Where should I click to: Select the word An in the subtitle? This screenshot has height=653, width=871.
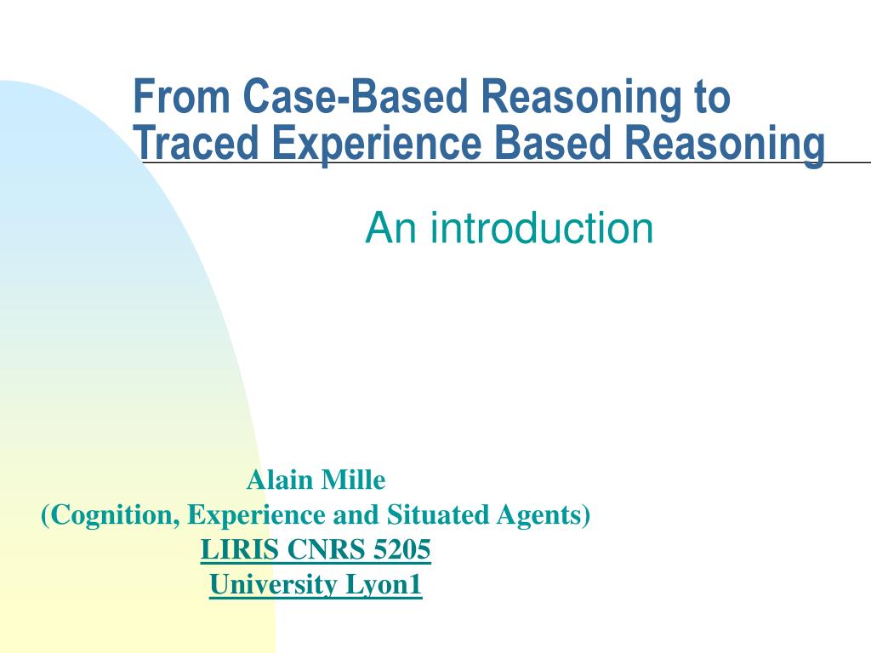point(392,228)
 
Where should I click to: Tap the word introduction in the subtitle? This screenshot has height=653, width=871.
point(541,228)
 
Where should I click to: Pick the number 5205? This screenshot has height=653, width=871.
point(402,551)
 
